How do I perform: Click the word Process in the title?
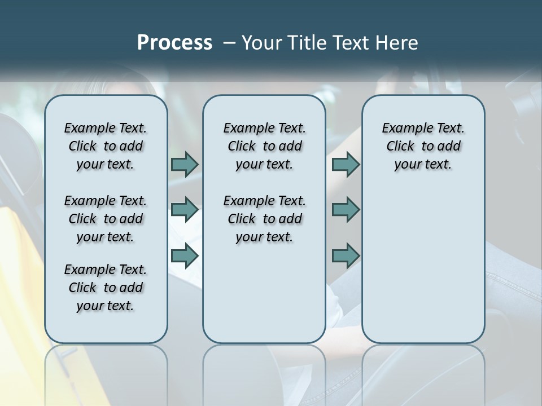(x=174, y=43)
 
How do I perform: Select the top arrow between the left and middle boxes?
(x=185, y=164)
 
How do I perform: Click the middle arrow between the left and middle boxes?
(x=185, y=210)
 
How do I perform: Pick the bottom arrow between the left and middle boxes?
(x=185, y=256)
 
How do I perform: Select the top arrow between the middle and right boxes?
(x=346, y=164)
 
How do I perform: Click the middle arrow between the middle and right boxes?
(x=346, y=210)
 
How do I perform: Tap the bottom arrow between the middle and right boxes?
(x=346, y=256)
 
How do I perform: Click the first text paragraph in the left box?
(x=106, y=146)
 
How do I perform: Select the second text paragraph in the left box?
(x=106, y=219)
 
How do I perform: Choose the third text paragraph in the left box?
(x=106, y=288)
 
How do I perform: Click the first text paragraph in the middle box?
(x=264, y=146)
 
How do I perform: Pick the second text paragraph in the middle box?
(x=264, y=219)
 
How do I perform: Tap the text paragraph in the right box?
(x=423, y=146)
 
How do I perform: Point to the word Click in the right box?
(x=400, y=147)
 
